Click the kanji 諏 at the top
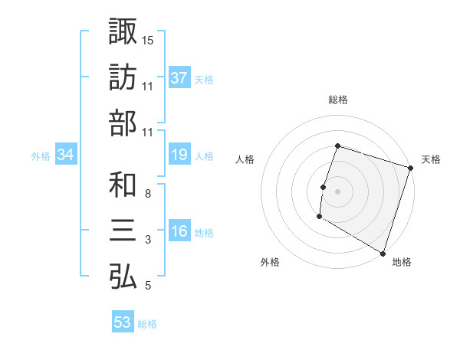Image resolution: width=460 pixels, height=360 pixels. [123, 31]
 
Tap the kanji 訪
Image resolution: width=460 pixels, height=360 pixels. [123, 77]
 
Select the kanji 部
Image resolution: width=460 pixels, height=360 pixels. [123, 124]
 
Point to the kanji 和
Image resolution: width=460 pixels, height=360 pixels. [123, 185]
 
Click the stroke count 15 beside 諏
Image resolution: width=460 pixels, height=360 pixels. [148, 40]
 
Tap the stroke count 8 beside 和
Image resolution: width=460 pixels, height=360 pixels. [148, 193]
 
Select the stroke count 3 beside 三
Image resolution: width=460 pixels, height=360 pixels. [148, 240]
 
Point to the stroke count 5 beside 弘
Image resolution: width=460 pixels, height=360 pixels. [148, 286]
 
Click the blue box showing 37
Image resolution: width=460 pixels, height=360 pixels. [179, 78]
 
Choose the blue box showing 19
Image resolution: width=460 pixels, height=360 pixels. [179, 155]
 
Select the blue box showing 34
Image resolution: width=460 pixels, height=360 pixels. [66, 155]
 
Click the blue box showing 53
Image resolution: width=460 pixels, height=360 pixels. [123, 322]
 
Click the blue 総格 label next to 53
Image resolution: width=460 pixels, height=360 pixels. [148, 324]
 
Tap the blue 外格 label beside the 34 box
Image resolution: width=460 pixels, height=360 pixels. [41, 156]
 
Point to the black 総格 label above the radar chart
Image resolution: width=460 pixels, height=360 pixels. [337, 100]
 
